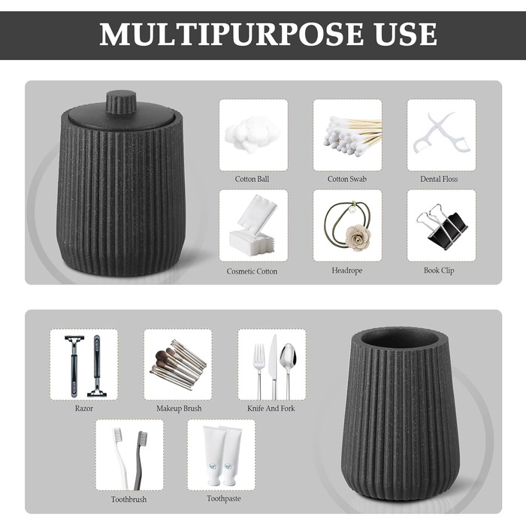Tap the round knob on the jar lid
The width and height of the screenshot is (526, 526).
point(121,101)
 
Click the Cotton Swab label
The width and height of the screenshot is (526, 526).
point(347,179)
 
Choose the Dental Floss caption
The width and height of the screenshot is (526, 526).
point(439,179)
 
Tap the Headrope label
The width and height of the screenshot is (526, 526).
point(347,271)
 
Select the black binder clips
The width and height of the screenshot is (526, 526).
point(442,227)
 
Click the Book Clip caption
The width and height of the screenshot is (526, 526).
point(439,271)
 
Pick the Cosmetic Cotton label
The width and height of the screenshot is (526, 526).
point(252,271)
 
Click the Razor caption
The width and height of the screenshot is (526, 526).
point(84,408)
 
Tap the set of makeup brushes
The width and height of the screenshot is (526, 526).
point(178,364)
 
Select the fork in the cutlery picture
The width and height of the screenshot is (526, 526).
point(259,371)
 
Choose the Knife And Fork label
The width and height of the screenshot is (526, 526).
point(271,408)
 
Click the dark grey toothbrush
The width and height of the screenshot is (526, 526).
point(141,460)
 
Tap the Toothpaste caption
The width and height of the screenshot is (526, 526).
point(224,498)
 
